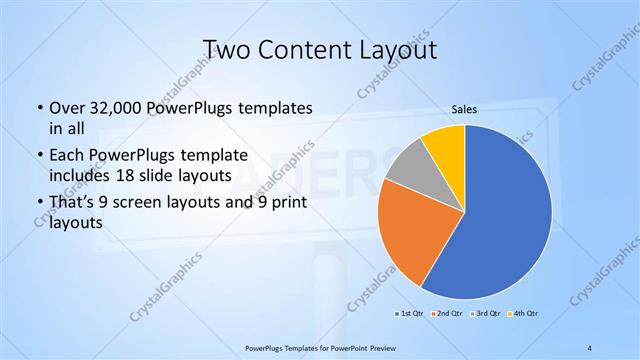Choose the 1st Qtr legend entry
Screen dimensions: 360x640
pyautogui.click(x=410, y=314)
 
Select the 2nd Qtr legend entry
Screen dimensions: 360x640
pyautogui.click(x=445, y=314)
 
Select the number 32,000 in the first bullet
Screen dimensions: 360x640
pyautogui.click(x=114, y=108)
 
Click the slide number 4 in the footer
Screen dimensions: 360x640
pyautogui.click(x=589, y=347)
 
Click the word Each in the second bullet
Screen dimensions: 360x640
pyautogui.click(x=66, y=156)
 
